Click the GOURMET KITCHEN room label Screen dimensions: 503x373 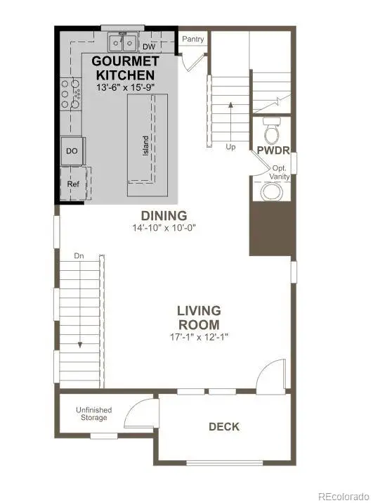(124, 68)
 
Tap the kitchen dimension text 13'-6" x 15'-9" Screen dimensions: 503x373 (124, 87)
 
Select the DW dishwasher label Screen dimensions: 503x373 (148, 47)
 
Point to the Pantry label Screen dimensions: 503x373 (192, 39)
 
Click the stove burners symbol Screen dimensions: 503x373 (69, 94)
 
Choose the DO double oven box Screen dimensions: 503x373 (71, 151)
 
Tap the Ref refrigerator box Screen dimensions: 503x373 (72, 184)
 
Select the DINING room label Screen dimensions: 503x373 (163, 215)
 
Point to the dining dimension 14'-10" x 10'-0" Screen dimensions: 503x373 (163, 228)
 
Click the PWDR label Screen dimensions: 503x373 (270, 151)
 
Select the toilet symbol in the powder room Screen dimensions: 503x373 (271, 132)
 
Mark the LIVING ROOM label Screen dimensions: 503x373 (199, 317)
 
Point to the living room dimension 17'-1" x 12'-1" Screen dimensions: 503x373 (199, 336)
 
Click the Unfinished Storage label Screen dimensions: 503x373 (93, 414)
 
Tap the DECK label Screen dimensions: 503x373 (224, 426)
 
